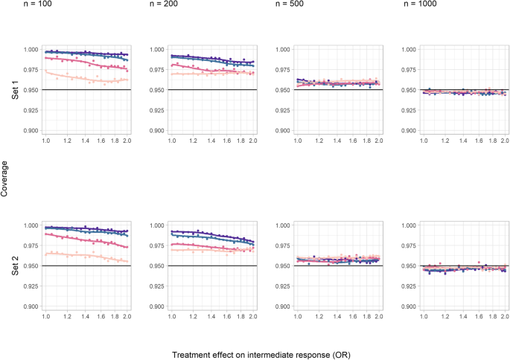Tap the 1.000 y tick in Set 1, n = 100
[x=31, y=50]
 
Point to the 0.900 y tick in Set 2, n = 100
[x=31, y=306]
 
